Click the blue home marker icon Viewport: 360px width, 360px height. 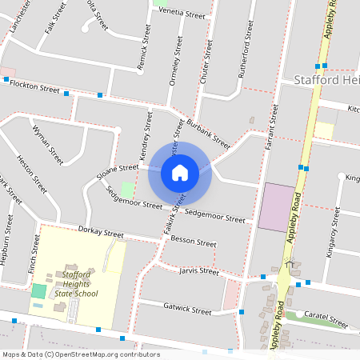click(x=180, y=172)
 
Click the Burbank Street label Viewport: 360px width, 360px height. click(x=208, y=134)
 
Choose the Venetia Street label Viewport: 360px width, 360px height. click(x=182, y=14)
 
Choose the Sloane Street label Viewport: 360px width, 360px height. click(x=118, y=169)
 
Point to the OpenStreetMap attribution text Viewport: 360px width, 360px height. click(x=81, y=354)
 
